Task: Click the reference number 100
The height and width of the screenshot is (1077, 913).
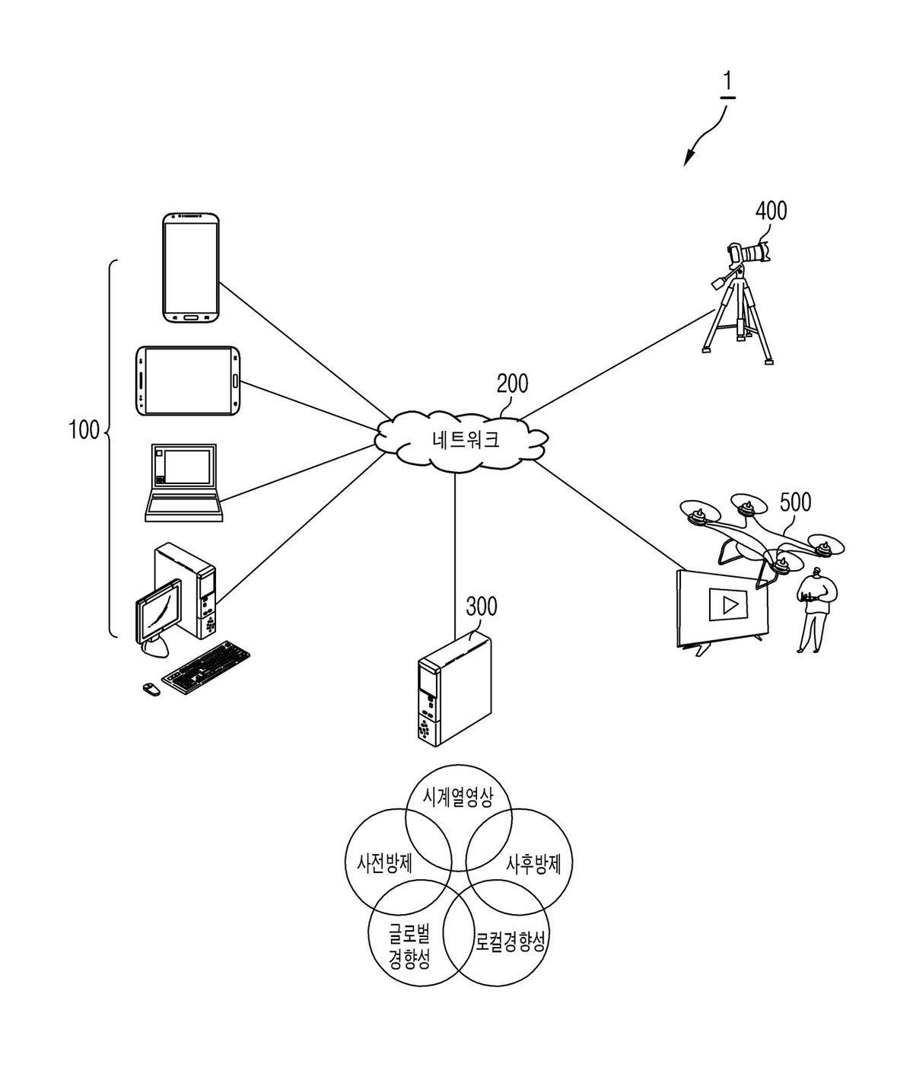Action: (x=84, y=430)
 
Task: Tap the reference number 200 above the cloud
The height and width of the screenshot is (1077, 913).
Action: (x=512, y=384)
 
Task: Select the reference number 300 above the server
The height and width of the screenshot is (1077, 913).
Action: (x=482, y=607)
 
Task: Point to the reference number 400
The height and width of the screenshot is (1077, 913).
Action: (x=771, y=211)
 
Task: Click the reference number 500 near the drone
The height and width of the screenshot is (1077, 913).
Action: (x=796, y=502)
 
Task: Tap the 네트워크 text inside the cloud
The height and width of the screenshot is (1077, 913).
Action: (x=466, y=440)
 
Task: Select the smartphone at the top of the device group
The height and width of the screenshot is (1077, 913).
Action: (x=191, y=268)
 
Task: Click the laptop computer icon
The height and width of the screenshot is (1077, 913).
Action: (x=184, y=483)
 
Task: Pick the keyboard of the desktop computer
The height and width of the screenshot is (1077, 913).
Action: (x=205, y=668)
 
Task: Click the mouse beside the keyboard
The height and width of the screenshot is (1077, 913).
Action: (x=151, y=689)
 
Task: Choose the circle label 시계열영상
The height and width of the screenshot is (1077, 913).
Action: (x=458, y=798)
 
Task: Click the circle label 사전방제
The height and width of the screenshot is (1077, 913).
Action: (x=385, y=864)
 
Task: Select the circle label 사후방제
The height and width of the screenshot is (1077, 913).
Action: (x=533, y=865)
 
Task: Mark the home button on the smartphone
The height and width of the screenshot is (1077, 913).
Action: (x=191, y=317)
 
